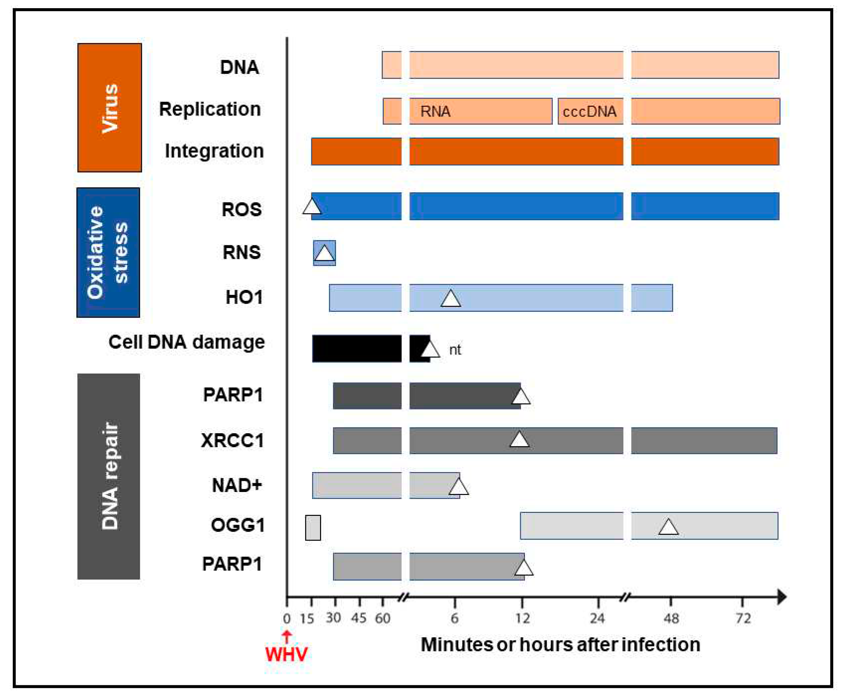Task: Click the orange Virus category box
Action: pyautogui.click(x=109, y=107)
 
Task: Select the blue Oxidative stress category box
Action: pyautogui.click(x=108, y=252)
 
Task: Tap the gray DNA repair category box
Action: pyautogui.click(x=109, y=476)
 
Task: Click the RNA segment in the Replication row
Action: pyautogui.click(x=480, y=111)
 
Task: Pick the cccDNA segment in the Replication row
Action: pyautogui.click(x=590, y=111)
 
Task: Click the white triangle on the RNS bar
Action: pyautogui.click(x=324, y=254)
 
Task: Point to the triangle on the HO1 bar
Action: pyautogui.click(x=451, y=299)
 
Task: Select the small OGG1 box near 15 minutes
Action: pyautogui.click(x=313, y=528)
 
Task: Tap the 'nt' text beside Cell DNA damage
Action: pyautogui.click(x=455, y=350)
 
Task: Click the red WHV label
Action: pyautogui.click(x=286, y=654)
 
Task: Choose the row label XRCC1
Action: pyautogui.click(x=232, y=440)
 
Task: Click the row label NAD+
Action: pyautogui.click(x=237, y=485)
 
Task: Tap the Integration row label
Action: pyautogui.click(x=214, y=151)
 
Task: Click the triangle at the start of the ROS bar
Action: pyautogui.click(x=312, y=207)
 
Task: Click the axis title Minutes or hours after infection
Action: pyautogui.click(x=560, y=644)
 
